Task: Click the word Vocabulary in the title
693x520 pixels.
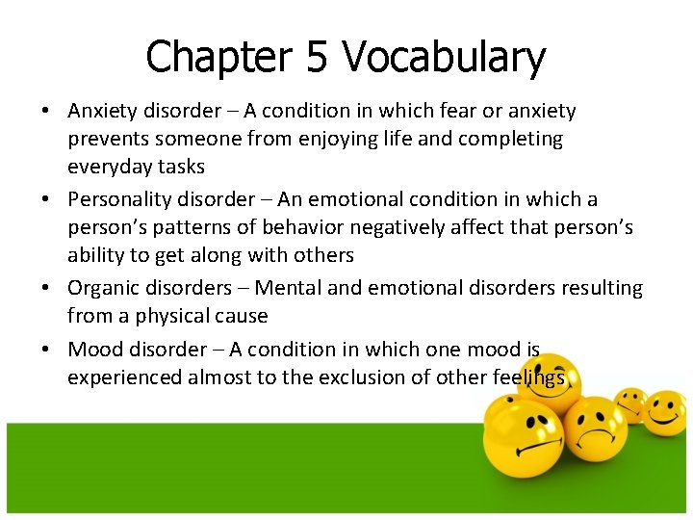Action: pyautogui.click(x=444, y=58)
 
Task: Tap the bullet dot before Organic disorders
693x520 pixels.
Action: pyautogui.click(x=46, y=289)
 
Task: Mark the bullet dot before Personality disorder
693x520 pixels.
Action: pyautogui.click(x=46, y=200)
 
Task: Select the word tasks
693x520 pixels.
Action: pyautogui.click(x=183, y=167)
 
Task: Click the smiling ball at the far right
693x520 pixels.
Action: pyautogui.click(x=664, y=414)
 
